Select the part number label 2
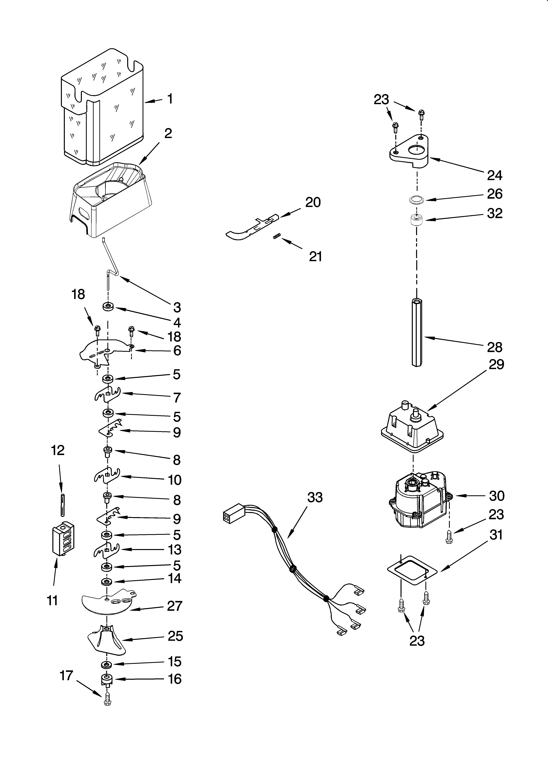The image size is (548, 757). (x=168, y=133)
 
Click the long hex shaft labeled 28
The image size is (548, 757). (x=417, y=332)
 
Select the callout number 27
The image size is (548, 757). (x=174, y=606)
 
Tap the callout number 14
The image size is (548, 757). (x=174, y=578)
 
